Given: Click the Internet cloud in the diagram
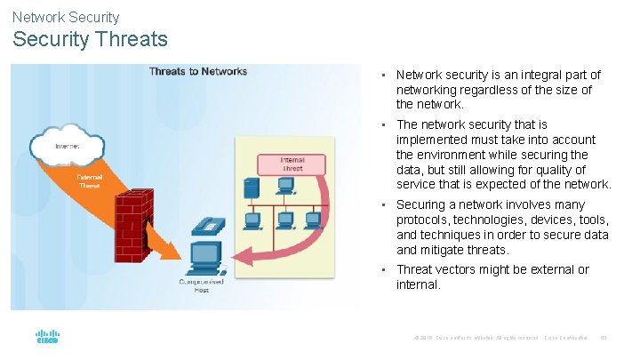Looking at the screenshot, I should point(67,143).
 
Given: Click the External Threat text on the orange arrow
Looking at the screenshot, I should point(90,181).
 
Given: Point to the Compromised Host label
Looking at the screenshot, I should point(201,285).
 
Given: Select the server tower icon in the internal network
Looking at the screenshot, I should point(252,188).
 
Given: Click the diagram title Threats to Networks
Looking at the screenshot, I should point(198,71).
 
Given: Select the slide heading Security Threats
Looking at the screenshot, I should point(90,39).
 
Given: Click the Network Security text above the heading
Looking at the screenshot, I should point(66,17).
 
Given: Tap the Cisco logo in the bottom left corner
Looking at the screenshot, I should point(47,338).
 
